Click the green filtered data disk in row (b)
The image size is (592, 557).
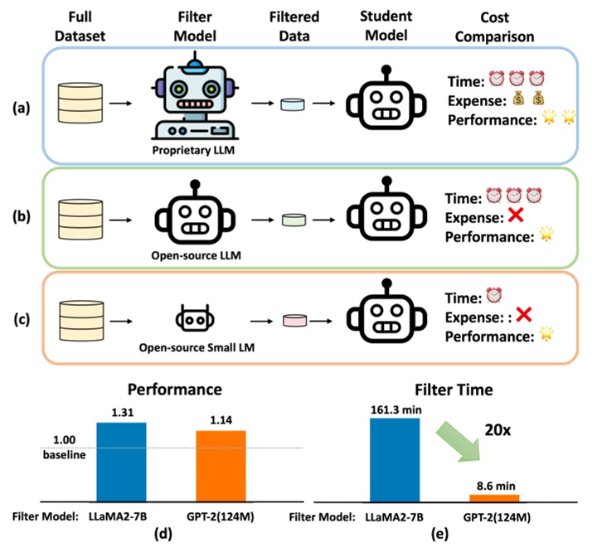click(x=294, y=220)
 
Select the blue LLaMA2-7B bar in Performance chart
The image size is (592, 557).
click(x=121, y=459)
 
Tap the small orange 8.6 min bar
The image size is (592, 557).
click(x=494, y=496)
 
